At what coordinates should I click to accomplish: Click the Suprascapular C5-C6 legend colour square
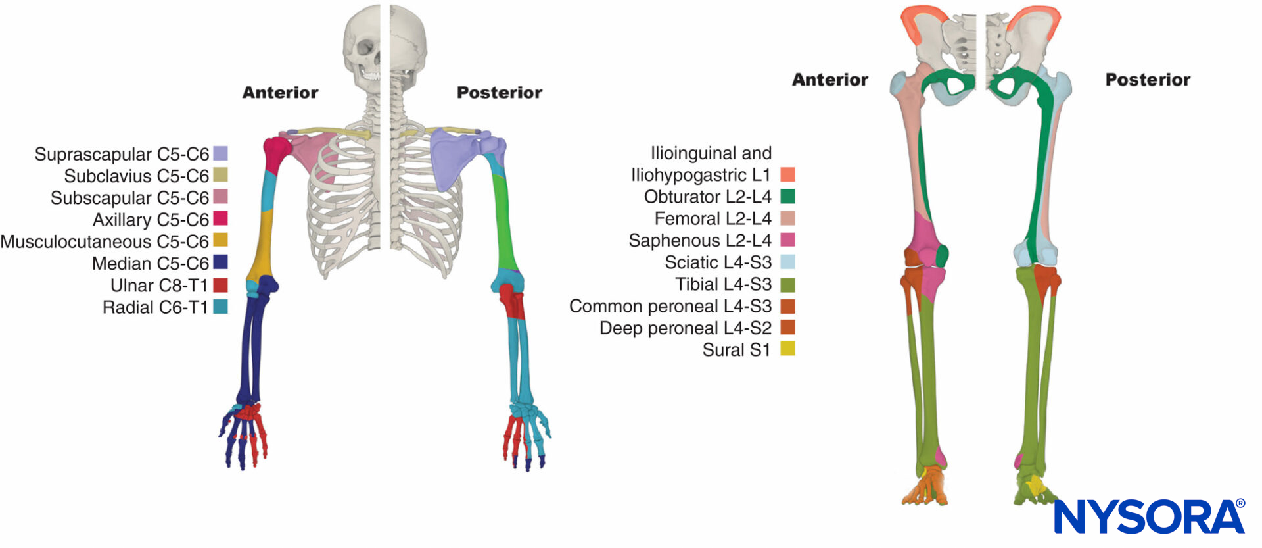[221, 153]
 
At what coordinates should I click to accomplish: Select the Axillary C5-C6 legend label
[151, 220]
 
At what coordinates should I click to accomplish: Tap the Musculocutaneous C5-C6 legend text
[105, 241]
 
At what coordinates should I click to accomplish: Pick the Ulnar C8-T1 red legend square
[221, 285]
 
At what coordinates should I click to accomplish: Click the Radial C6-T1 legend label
[155, 307]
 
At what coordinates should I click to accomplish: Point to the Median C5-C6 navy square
[221, 262]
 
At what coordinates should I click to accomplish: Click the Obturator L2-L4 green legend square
[787, 196]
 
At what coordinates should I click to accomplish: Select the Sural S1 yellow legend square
[787, 349]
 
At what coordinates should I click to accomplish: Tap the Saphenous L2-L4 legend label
[699, 240]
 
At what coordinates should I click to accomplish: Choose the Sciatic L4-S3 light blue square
[787, 262]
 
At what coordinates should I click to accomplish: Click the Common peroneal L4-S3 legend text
[670, 306]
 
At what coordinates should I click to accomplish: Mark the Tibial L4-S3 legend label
[723, 284]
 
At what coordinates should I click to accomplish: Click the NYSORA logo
[1149, 516]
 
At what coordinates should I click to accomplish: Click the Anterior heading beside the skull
[280, 93]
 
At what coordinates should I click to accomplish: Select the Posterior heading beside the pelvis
[1147, 80]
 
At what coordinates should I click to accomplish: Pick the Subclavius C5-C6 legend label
[136, 176]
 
